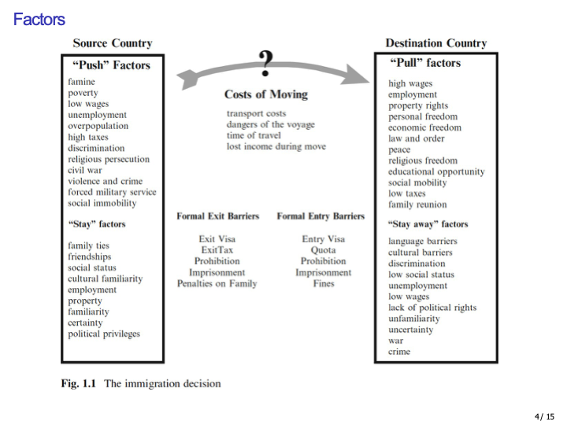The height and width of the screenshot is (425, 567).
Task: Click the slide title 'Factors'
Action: point(39,19)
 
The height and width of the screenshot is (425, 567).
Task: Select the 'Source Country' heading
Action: point(112,43)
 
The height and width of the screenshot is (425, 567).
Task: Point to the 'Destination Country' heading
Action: point(435,43)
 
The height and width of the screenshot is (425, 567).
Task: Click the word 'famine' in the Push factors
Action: point(81,82)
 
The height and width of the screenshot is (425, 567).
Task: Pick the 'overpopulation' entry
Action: point(96,126)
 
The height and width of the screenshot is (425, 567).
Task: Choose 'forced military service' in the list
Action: point(112,192)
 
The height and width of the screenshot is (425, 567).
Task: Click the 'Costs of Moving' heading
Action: point(265,94)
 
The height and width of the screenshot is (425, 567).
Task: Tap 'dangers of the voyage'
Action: point(270,124)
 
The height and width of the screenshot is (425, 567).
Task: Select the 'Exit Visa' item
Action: point(217,238)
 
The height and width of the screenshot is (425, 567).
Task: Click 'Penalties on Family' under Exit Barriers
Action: point(217,283)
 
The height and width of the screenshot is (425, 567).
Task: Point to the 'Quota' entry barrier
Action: point(323,250)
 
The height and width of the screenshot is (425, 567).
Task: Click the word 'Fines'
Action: point(323,283)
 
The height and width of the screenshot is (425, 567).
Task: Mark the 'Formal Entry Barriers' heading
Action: point(321,216)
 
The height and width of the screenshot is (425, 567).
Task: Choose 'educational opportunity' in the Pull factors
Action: point(436,172)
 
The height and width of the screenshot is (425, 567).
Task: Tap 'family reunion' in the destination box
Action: point(417,205)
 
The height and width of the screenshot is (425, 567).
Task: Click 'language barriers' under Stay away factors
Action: point(422,242)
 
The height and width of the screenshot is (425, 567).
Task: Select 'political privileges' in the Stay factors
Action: point(103,334)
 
